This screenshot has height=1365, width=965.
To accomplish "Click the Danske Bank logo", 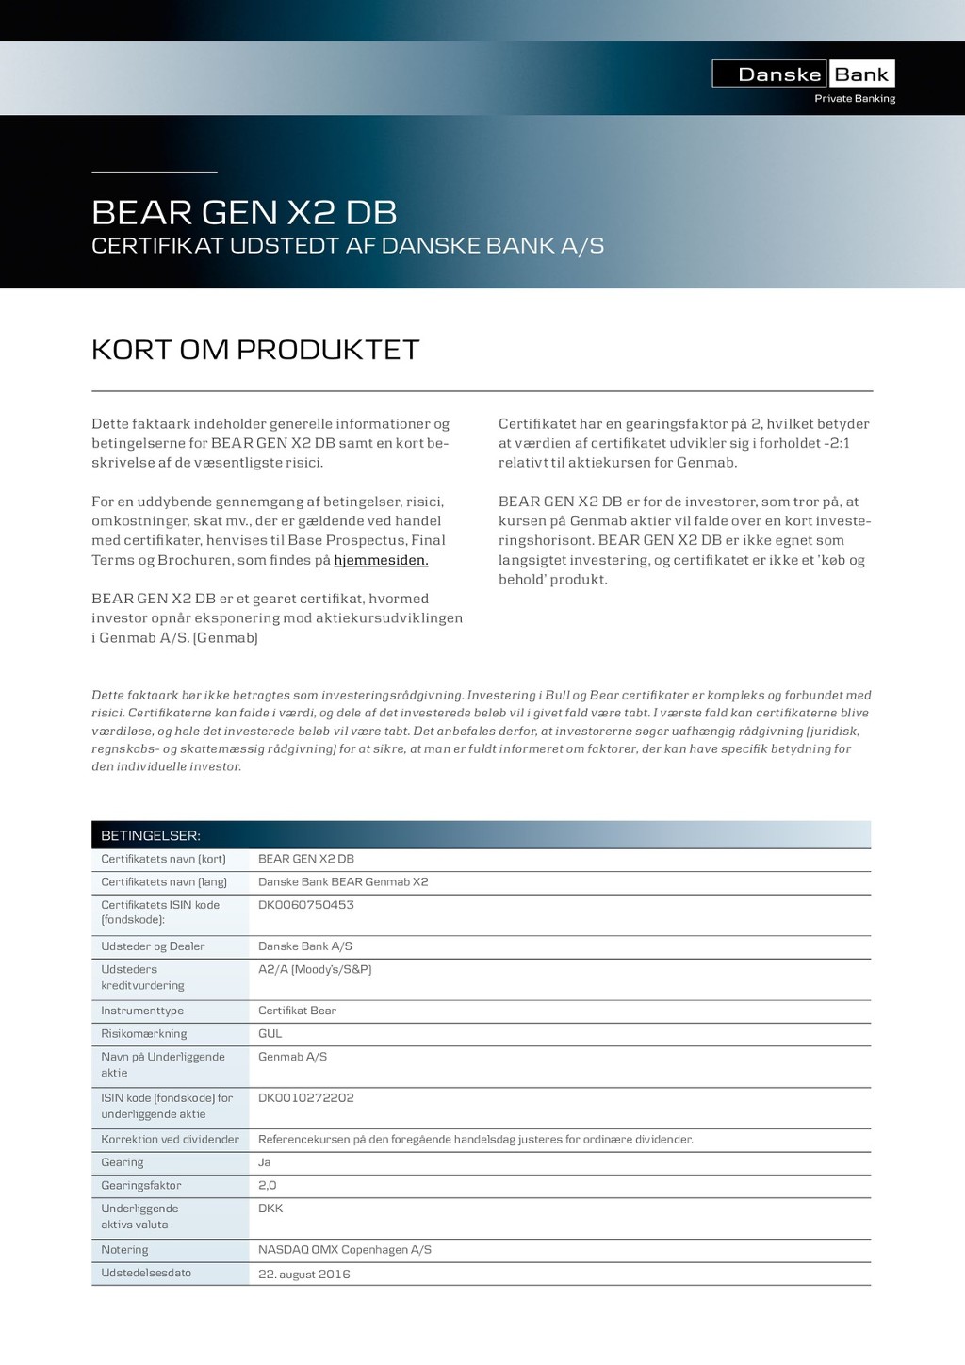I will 803,74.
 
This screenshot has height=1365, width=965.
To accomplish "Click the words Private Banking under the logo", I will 854,99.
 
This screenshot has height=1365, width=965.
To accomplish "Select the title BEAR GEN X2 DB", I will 244,212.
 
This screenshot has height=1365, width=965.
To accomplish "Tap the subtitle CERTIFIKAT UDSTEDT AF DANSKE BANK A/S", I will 347,246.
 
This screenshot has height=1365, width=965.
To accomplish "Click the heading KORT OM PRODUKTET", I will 255,350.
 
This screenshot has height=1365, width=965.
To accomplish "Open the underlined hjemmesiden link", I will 381,560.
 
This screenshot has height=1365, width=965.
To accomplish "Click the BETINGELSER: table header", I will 151,835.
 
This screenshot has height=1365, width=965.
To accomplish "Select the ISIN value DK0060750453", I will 305,905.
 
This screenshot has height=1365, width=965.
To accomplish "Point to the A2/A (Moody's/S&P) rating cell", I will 315,969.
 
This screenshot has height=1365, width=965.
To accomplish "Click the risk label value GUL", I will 270,1034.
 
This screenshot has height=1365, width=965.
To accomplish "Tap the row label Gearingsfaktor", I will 141,1186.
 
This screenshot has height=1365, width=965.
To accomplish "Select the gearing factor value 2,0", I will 267,1186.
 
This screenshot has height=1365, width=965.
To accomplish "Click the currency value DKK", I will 270,1209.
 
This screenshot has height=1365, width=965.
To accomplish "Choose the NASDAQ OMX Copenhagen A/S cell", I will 344,1250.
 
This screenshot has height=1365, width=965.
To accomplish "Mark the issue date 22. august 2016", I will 303,1275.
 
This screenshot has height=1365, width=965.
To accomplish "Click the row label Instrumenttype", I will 142,1011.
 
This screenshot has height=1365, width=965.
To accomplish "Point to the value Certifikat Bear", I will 297,1011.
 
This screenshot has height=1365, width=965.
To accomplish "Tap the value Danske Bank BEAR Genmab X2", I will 343,882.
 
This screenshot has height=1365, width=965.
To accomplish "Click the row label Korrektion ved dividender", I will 170,1140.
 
